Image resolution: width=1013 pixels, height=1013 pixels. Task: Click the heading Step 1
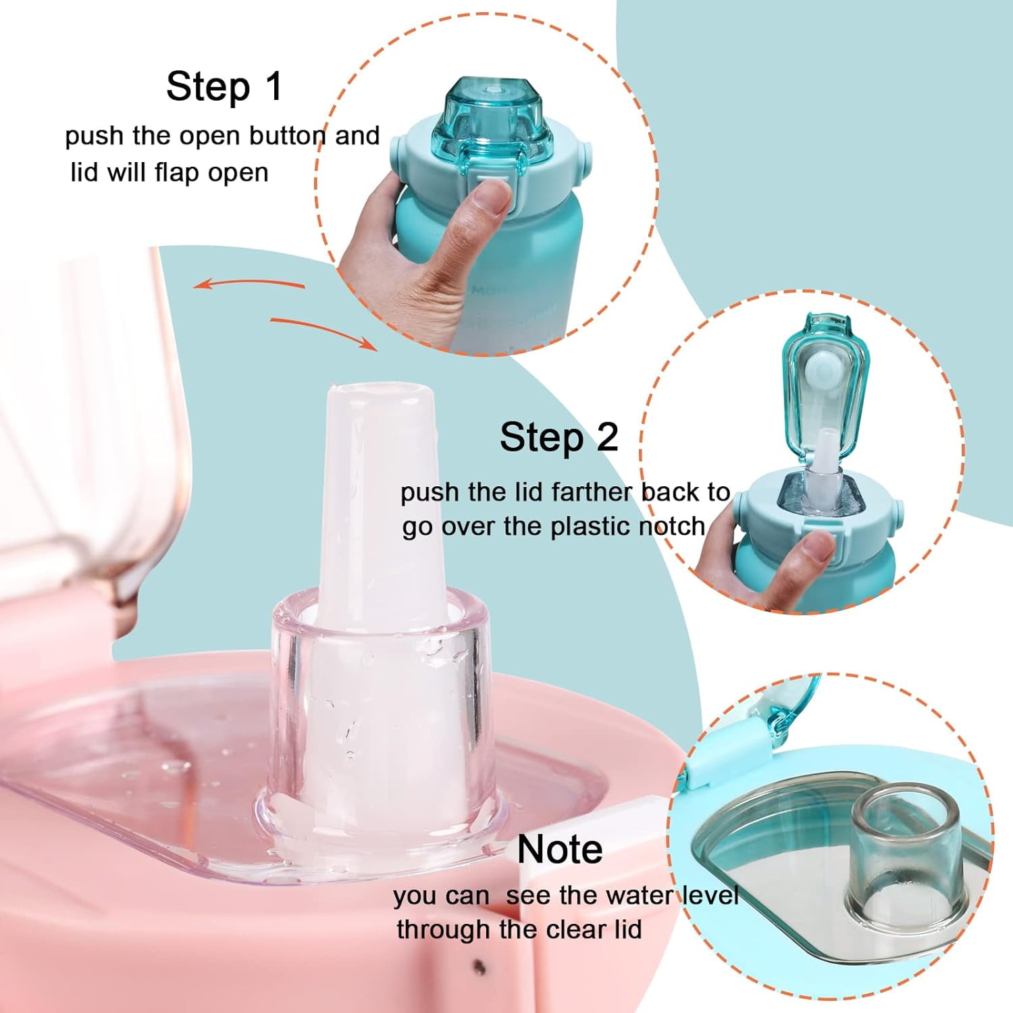click(x=224, y=86)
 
